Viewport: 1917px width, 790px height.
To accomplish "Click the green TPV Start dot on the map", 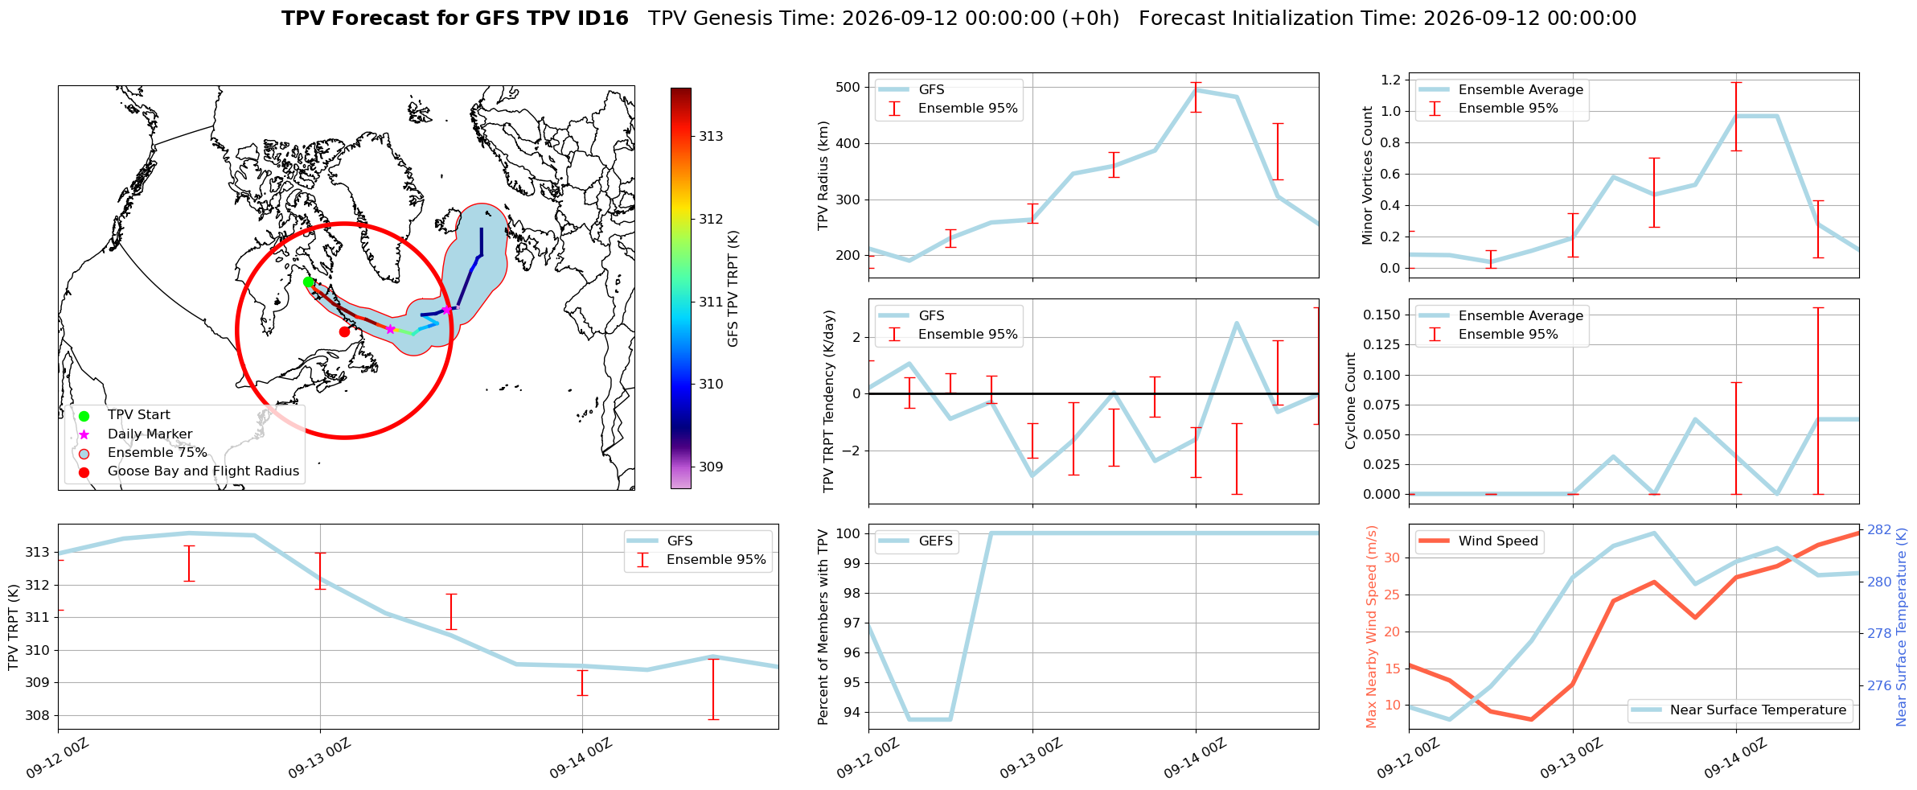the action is click(x=308, y=282).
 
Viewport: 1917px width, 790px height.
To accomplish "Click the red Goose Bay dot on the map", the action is click(x=344, y=331).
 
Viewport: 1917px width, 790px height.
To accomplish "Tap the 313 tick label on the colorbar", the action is click(x=711, y=137).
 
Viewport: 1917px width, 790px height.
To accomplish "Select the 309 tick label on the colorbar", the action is click(x=711, y=467).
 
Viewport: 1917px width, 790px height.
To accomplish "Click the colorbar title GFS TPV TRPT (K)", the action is click(x=733, y=289).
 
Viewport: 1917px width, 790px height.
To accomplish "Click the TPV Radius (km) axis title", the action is click(x=823, y=175).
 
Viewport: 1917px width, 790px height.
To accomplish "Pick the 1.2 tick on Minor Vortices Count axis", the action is click(x=1391, y=80).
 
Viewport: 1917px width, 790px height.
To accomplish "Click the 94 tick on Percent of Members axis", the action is click(x=852, y=713).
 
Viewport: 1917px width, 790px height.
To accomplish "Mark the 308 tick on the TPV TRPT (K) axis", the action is click(x=37, y=716).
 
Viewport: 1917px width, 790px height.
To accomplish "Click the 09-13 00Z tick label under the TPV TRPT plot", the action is click(x=319, y=759).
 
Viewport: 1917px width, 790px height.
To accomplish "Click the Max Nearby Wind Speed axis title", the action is click(x=1372, y=627).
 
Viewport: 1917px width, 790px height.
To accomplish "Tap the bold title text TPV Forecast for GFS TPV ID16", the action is click(x=455, y=19).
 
